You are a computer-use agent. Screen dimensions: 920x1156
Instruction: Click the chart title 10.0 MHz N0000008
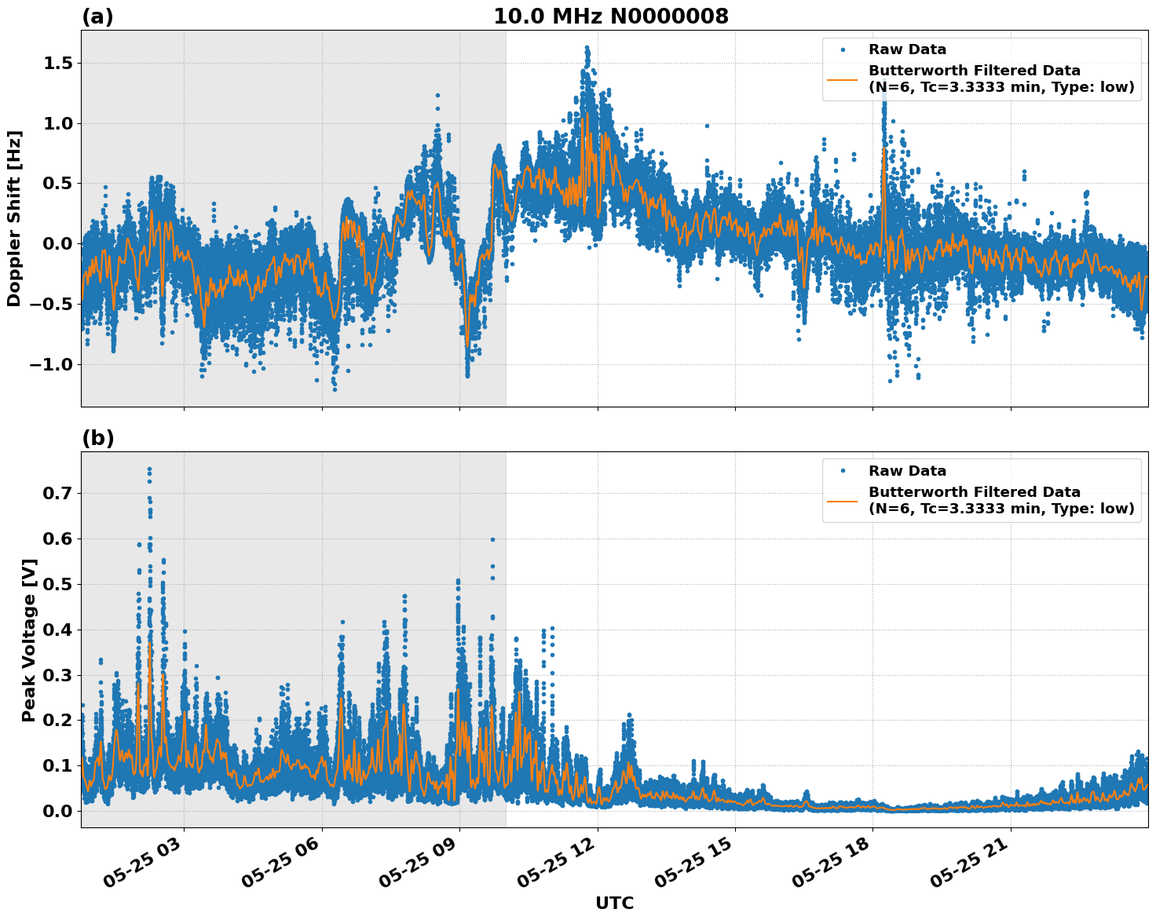pyautogui.click(x=610, y=16)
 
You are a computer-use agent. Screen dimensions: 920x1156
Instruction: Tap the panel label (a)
pyautogui.click(x=97, y=17)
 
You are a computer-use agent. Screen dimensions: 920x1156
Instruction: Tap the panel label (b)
pyautogui.click(x=98, y=439)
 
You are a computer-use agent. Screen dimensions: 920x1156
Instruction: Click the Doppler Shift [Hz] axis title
pyautogui.click(x=14, y=218)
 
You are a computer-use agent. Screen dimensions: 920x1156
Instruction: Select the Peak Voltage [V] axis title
pyautogui.click(x=29, y=640)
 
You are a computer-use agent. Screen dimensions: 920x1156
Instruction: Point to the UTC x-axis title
pyautogui.click(x=614, y=903)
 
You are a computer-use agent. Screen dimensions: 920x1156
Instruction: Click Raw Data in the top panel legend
pyautogui.click(x=907, y=50)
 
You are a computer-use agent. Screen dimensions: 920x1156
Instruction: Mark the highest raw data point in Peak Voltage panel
pyautogui.click(x=149, y=469)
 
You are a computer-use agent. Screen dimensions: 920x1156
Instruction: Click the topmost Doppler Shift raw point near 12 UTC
pyautogui.click(x=587, y=48)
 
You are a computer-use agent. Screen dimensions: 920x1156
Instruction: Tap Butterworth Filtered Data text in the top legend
pyautogui.click(x=974, y=71)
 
